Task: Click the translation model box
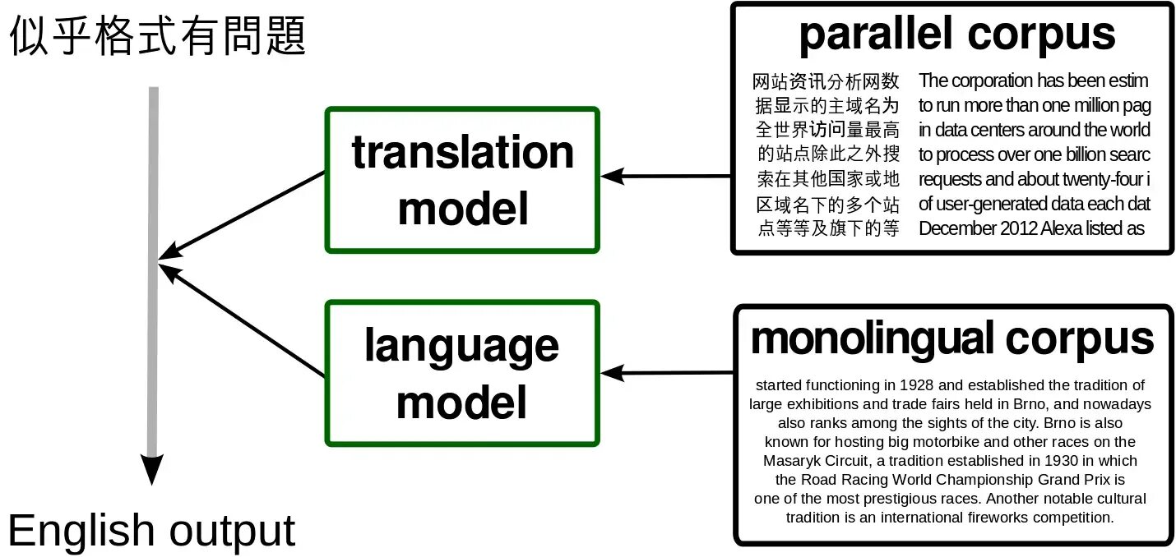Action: [x=462, y=179]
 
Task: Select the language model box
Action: [x=462, y=373]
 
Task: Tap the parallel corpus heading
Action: [x=956, y=35]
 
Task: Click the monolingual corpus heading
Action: [x=952, y=338]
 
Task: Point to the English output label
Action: [x=151, y=531]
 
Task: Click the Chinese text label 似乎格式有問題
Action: [x=157, y=37]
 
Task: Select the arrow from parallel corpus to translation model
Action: [x=666, y=176]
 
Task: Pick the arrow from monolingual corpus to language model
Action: [x=666, y=374]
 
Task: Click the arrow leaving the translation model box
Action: [x=243, y=215]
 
